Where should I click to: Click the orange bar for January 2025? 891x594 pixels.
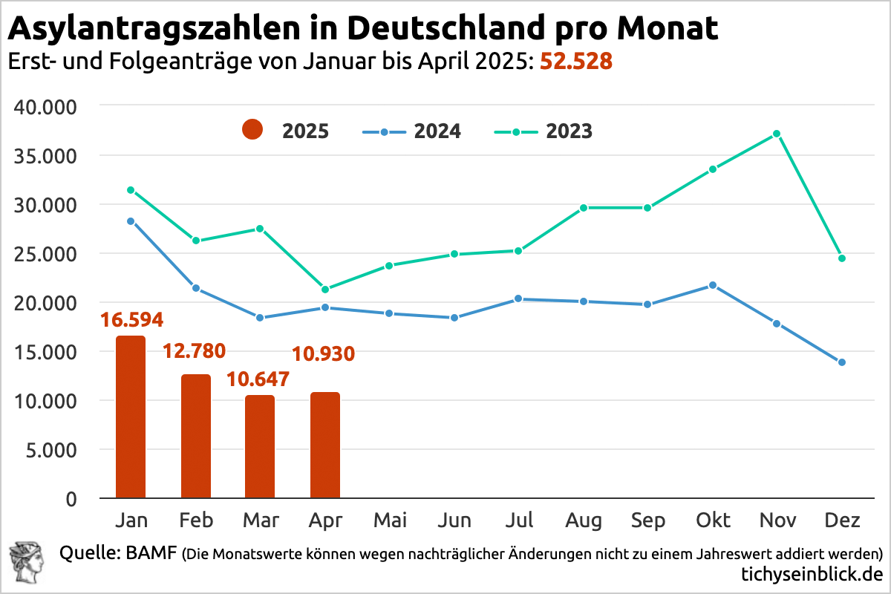(x=131, y=417)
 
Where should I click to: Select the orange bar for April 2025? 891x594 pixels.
(x=325, y=446)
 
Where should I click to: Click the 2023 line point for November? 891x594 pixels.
(x=777, y=134)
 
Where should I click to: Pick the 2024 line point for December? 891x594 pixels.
(x=841, y=362)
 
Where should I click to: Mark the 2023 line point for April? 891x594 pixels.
(x=325, y=289)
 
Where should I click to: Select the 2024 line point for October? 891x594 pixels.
(x=713, y=285)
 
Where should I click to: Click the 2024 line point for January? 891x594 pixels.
(x=131, y=221)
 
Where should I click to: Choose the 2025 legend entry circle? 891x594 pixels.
(x=252, y=131)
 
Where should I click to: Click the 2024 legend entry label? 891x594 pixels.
(x=437, y=131)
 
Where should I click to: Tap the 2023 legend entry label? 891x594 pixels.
(x=569, y=131)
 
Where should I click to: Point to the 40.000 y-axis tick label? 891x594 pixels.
(x=46, y=107)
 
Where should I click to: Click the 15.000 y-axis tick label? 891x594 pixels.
(x=46, y=352)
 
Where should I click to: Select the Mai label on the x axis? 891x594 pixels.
(x=391, y=520)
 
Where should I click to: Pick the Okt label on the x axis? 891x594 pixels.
(x=713, y=520)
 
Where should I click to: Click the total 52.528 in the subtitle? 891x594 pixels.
(x=576, y=62)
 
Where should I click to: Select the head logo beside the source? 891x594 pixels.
(x=27, y=562)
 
